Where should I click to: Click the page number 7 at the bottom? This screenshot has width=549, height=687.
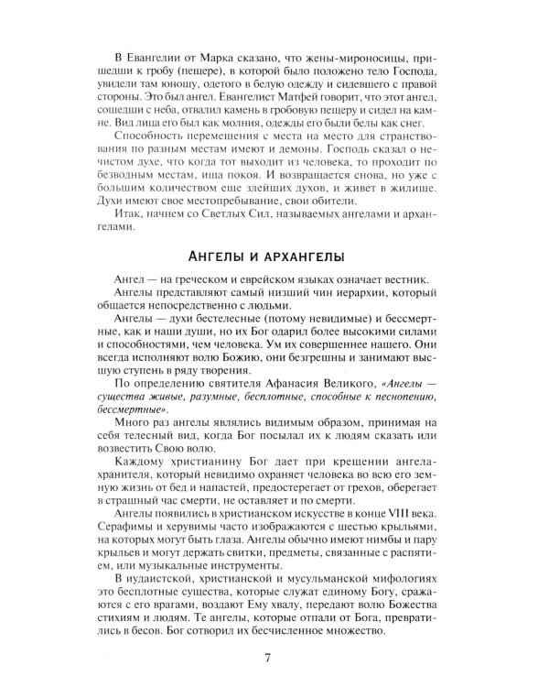pyautogui.click(x=266, y=658)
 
